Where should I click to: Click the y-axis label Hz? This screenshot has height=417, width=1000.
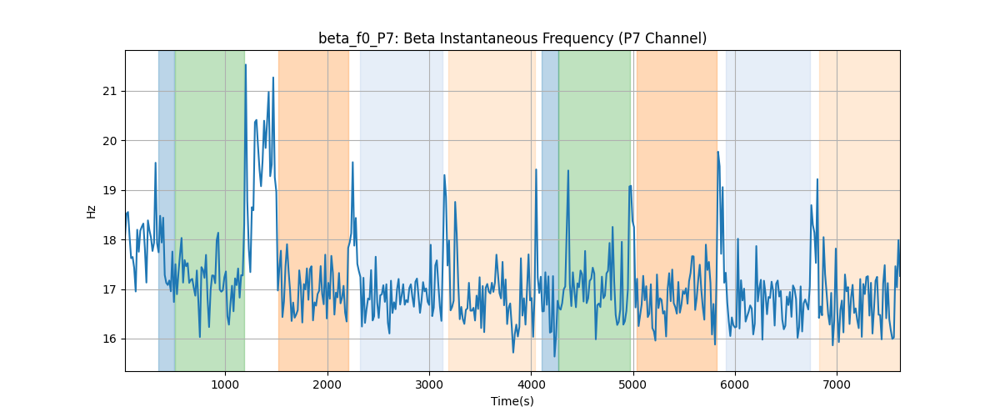[x=91, y=212]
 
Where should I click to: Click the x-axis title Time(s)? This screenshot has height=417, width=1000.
[x=512, y=401]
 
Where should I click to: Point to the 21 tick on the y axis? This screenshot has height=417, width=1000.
[x=109, y=91]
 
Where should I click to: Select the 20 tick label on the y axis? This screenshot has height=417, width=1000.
[x=109, y=141]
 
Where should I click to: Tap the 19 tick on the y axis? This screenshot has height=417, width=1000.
[x=109, y=190]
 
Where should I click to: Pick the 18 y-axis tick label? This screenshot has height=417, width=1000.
[x=109, y=240]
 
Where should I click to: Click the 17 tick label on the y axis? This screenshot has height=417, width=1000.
[x=109, y=289]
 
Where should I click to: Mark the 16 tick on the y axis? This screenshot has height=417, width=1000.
[x=109, y=339]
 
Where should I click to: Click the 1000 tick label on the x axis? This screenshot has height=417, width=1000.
[x=226, y=384]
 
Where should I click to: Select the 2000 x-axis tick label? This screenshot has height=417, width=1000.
[x=327, y=384]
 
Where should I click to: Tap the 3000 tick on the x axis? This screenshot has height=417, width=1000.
[x=429, y=384]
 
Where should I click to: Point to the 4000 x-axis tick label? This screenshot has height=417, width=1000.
[x=532, y=384]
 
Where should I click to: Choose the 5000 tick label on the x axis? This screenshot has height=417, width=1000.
[x=633, y=384]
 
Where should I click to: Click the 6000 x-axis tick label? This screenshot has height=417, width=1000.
[x=735, y=384]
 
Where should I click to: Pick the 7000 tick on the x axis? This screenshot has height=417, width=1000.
[x=837, y=384]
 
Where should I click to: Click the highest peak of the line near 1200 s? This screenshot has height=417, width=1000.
[x=246, y=65]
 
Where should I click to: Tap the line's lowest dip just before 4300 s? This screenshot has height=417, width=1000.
[x=554, y=356]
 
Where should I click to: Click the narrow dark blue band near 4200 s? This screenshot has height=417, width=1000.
[x=550, y=210]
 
